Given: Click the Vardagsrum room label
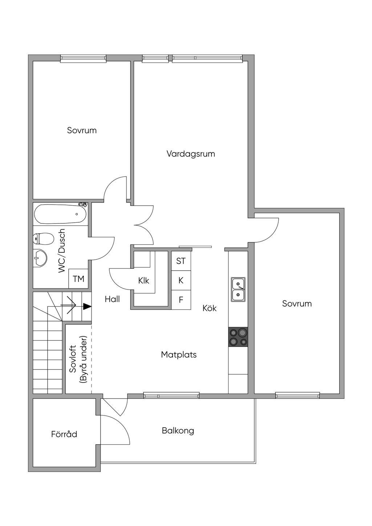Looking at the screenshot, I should pyautogui.click(x=191, y=154).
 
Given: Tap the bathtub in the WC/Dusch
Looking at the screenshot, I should pyautogui.click(x=60, y=214).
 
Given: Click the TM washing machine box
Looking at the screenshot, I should pyautogui.click(x=78, y=279).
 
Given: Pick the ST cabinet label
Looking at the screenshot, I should pyautogui.click(x=181, y=261).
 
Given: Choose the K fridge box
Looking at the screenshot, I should pyautogui.click(x=181, y=280).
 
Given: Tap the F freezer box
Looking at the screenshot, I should pyautogui.click(x=181, y=300).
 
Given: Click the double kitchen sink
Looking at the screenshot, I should pyautogui.click(x=238, y=290).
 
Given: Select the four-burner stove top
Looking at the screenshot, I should pyautogui.click(x=238, y=337).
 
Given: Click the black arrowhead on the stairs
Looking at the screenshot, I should pyautogui.click(x=87, y=307).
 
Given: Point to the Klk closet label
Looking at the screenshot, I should pyautogui.click(x=143, y=281).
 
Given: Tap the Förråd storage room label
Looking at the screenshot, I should pyautogui.click(x=64, y=434).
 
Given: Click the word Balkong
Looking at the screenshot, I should pyautogui.click(x=178, y=431).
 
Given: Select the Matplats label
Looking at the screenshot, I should pyautogui.click(x=179, y=355).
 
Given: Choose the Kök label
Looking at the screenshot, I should pyautogui.click(x=210, y=308).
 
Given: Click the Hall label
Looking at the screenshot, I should pyautogui.click(x=112, y=299).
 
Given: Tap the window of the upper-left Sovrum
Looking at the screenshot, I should pyautogui.click(x=83, y=58).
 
